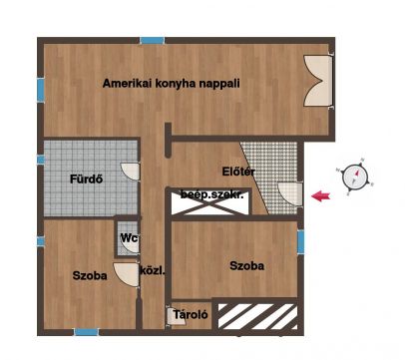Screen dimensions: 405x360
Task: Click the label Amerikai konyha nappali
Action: pos(171,84)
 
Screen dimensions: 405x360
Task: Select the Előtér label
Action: pos(238,172)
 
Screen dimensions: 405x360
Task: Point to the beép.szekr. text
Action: pos(211,194)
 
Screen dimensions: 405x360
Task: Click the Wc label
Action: pos(129,238)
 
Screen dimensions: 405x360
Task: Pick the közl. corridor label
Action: pos(152,271)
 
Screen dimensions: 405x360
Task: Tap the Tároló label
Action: pos(191,314)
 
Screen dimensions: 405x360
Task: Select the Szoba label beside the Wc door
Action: pos(90,275)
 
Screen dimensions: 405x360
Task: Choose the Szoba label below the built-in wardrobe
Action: pos(247,265)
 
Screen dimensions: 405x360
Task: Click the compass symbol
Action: pos(355,177)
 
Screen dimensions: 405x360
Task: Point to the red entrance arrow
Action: pos(320,195)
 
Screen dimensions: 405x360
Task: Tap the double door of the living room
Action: pos(318,81)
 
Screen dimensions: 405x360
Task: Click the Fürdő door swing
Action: pos(130,172)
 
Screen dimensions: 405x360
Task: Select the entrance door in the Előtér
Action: pos(290,193)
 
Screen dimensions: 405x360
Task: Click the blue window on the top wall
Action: pos(153,41)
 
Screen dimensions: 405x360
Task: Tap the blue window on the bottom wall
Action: pos(87,332)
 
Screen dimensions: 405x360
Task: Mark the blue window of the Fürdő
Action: pos(41,160)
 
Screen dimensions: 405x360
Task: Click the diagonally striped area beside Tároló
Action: pos(257,316)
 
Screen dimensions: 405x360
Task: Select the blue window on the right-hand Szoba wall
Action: pos(300,242)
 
